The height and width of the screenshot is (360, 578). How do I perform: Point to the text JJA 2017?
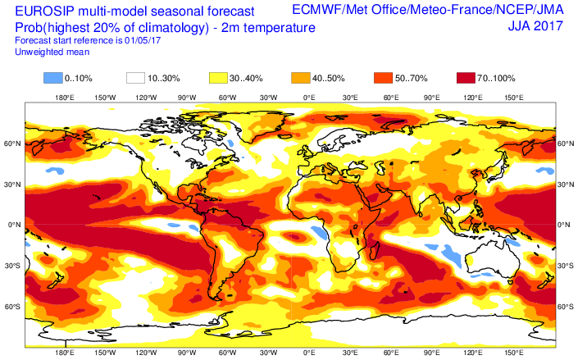tap(534, 27)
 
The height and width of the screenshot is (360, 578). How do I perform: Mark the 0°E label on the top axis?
tap(310, 98)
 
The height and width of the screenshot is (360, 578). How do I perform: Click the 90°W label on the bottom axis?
tap(187, 353)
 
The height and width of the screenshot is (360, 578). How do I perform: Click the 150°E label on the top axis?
tap(513, 98)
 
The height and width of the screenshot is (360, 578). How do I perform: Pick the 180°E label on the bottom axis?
tap(64, 353)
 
